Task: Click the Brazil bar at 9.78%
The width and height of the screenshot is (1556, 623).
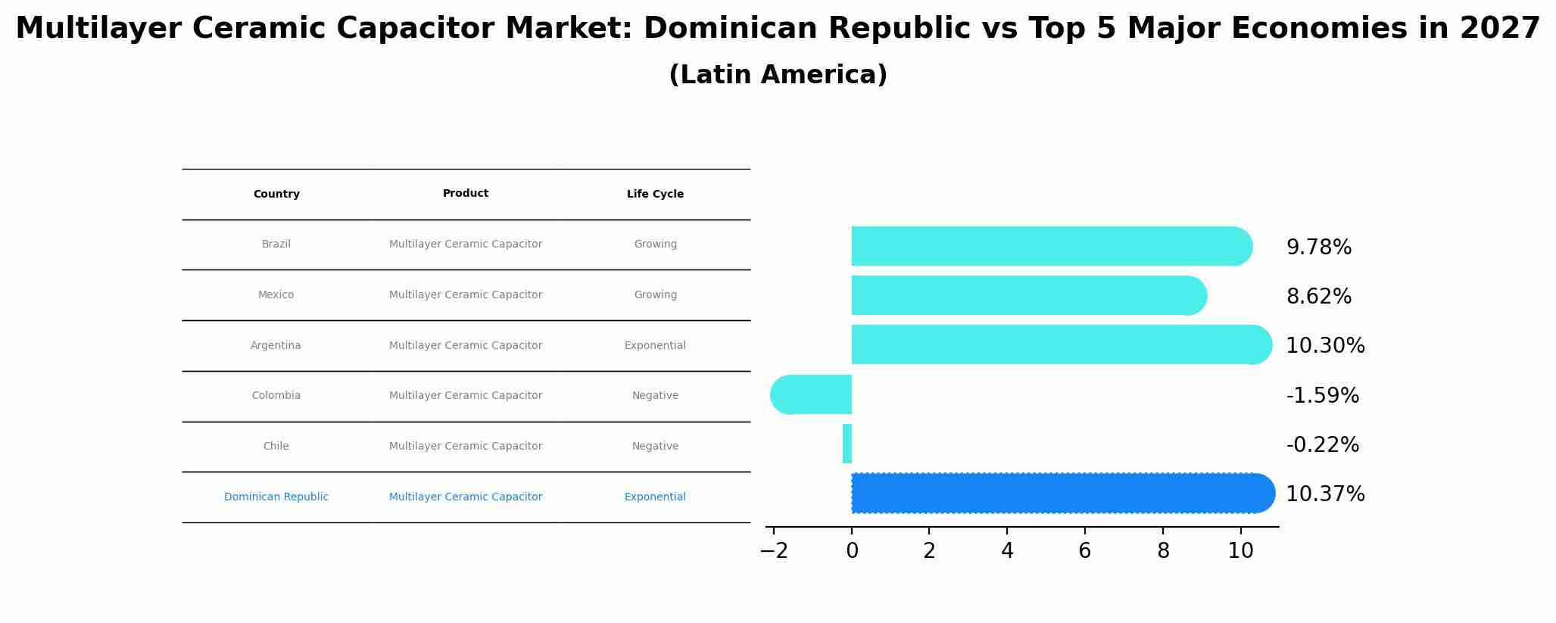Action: click(1049, 246)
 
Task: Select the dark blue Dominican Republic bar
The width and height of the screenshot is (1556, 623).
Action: click(1060, 493)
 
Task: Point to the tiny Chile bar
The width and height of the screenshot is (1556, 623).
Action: click(847, 444)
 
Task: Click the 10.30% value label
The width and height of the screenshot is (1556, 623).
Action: click(1325, 346)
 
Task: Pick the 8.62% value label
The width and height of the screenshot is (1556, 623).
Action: click(1318, 297)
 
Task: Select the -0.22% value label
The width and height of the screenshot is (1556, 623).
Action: click(1322, 445)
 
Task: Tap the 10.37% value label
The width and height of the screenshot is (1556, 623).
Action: click(1325, 494)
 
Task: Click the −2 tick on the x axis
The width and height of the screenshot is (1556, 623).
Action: click(774, 551)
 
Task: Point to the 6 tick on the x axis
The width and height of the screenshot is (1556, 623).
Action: click(1084, 551)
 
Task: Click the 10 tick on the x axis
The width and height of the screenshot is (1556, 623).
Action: click(1240, 551)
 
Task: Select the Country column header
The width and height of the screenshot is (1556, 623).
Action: click(276, 195)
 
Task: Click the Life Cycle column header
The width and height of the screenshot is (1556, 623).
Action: click(655, 195)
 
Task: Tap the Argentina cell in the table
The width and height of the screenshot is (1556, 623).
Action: click(276, 345)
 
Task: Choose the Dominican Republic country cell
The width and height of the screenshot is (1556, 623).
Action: click(276, 497)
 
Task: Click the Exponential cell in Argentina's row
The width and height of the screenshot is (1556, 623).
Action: click(655, 345)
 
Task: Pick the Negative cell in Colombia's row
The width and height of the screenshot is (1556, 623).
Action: click(655, 395)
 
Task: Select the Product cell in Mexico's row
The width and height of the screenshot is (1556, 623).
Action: click(466, 294)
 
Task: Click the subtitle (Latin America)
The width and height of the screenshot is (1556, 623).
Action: click(778, 75)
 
